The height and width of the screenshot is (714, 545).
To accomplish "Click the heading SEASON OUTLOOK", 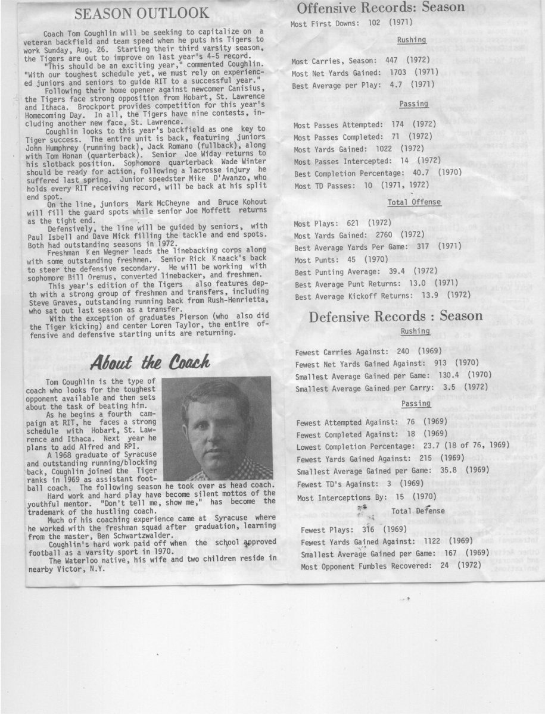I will pos(141,13).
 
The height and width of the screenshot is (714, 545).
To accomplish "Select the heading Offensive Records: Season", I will pos(380,8).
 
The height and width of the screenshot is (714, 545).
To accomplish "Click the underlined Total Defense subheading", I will pos(418,511).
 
